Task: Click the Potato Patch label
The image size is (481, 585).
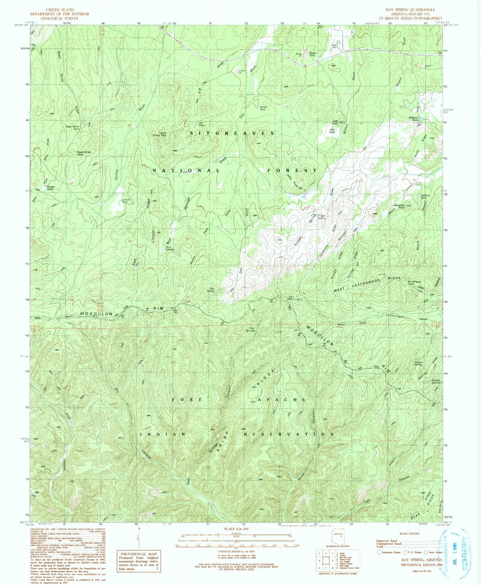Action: pos(50,188)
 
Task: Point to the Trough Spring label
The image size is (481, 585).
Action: pos(321,217)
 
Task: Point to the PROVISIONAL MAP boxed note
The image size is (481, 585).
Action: pos(138,561)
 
